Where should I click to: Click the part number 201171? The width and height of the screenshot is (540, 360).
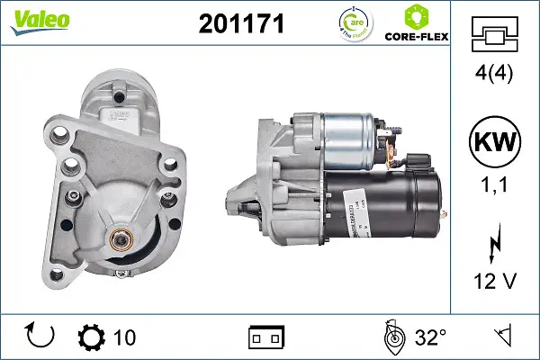click(x=240, y=24)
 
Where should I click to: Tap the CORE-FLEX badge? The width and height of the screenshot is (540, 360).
click(x=416, y=24)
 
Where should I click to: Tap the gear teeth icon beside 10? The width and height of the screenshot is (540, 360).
click(x=91, y=337)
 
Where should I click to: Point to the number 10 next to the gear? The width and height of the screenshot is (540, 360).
click(x=124, y=337)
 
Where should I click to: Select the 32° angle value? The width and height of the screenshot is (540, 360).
click(x=430, y=337)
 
